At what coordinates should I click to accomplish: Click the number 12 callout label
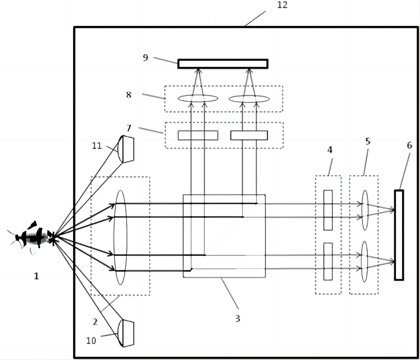tap(282, 5)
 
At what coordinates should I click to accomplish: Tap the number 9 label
tap(146, 58)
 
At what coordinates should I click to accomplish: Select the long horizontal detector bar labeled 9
tap(223, 64)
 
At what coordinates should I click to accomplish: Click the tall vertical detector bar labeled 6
tap(399, 235)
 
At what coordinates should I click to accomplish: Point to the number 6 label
tap(409, 145)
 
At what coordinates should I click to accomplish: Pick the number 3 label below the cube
tap(238, 319)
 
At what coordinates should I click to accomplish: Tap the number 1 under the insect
tap(36, 276)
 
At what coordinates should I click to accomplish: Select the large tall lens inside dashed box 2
tap(120, 237)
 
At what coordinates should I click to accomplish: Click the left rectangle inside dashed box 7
tap(198, 135)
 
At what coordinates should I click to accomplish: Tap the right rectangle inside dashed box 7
tap(249, 135)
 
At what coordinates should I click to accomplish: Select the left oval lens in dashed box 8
tap(198, 99)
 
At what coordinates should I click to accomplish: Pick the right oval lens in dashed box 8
tap(249, 99)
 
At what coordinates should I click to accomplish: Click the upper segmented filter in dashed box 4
tap(328, 210)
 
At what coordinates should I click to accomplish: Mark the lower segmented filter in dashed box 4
tap(328, 261)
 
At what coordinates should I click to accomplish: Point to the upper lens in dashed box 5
tap(365, 210)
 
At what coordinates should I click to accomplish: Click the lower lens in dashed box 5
tap(365, 261)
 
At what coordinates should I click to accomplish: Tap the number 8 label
tap(129, 94)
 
